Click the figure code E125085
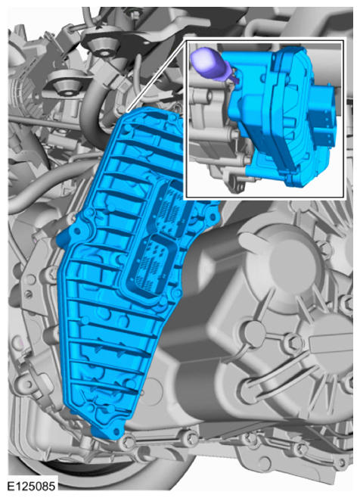coord(31,486)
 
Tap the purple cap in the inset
coord(206,61)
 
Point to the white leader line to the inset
coord(157,75)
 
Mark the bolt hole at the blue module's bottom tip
coord(116,431)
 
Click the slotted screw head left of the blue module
coord(29,294)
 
